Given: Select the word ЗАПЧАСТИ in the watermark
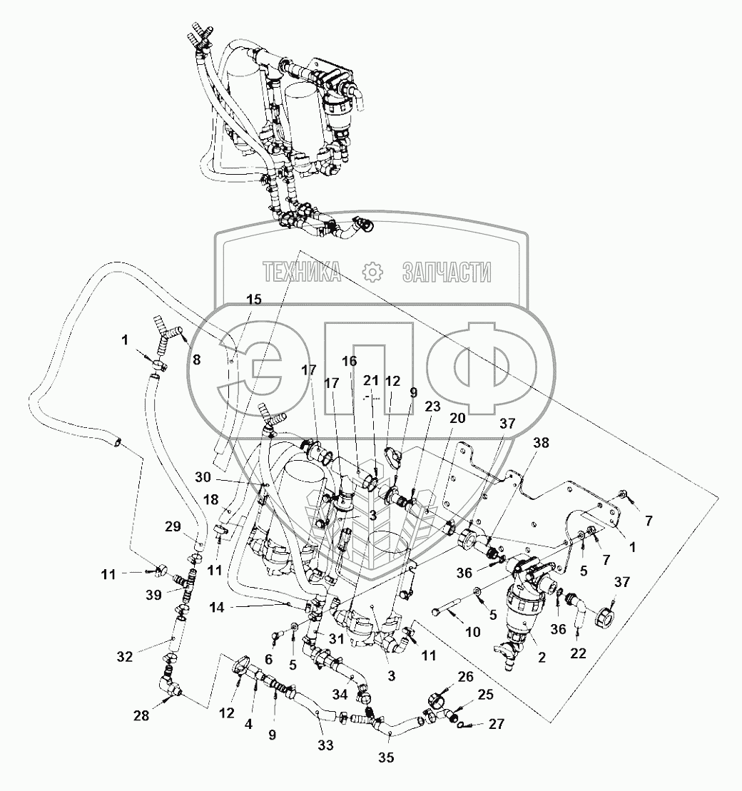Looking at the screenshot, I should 447,271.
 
